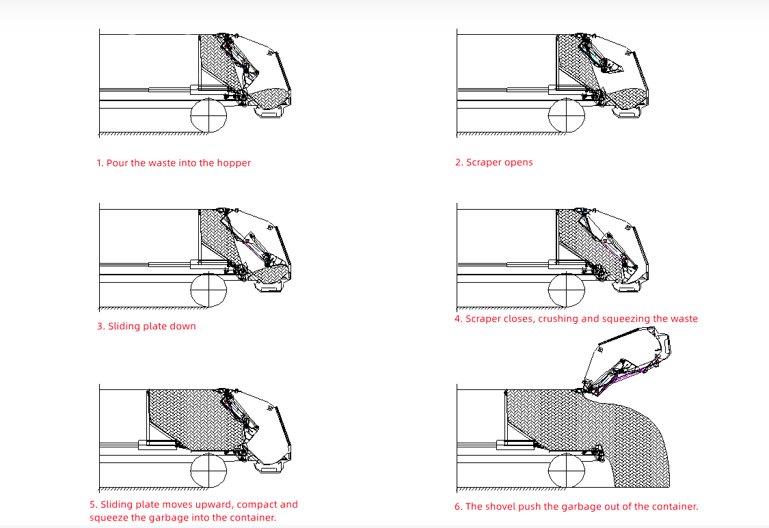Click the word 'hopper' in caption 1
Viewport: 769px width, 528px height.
[234, 163]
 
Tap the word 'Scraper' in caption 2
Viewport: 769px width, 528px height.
[485, 163]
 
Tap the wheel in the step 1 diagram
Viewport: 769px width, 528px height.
[208, 115]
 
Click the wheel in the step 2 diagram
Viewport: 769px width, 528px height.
[567, 115]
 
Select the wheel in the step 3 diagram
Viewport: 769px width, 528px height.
[208, 290]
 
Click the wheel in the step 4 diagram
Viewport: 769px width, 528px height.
[567, 290]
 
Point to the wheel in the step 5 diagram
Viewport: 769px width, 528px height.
[208, 471]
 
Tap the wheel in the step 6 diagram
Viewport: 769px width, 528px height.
[567, 471]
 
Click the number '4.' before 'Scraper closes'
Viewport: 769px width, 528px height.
[459, 319]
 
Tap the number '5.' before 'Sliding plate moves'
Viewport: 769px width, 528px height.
[94, 505]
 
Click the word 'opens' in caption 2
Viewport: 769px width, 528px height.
[519, 163]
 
